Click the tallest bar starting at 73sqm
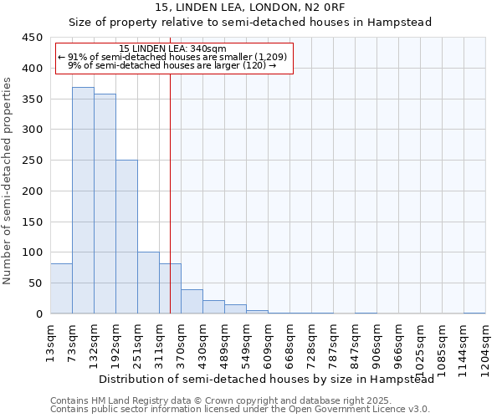click(x=83, y=201)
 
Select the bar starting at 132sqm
click(x=105, y=204)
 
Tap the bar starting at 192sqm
click(x=126, y=237)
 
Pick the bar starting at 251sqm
click(x=148, y=283)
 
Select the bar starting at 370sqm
click(x=192, y=302)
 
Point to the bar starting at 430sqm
click(x=213, y=307)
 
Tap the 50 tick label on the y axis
click(x=35, y=283)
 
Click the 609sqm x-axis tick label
click(x=268, y=340)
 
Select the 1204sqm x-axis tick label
click(x=485, y=344)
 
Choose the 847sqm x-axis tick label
click(x=355, y=340)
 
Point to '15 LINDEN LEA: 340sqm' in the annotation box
click(x=172, y=48)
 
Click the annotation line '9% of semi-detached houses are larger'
click(x=172, y=65)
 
